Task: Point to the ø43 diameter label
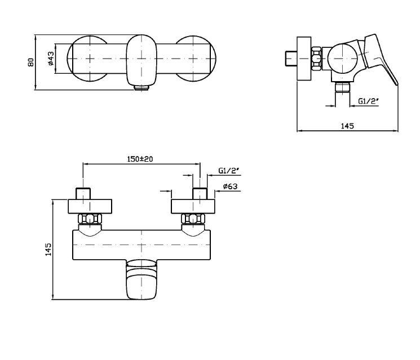click(x=51, y=61)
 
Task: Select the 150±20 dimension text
click(x=140, y=159)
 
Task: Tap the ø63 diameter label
click(x=229, y=186)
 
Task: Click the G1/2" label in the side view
click(x=367, y=102)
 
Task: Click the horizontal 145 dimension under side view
click(x=348, y=127)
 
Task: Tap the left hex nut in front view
click(x=88, y=220)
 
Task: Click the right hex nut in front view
click(x=193, y=220)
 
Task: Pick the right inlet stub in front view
click(x=200, y=193)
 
